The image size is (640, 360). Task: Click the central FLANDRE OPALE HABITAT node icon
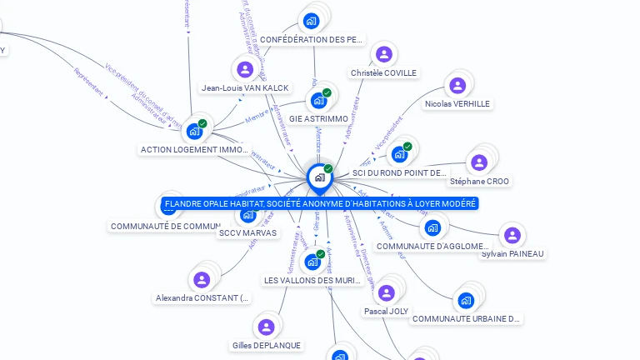(x=319, y=177)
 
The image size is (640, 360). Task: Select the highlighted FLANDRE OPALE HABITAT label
(x=320, y=203)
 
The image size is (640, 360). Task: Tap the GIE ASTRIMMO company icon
(x=317, y=101)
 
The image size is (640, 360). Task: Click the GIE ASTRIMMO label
(x=318, y=119)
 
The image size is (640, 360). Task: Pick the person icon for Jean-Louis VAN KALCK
(x=245, y=69)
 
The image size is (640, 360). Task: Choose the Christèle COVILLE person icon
(x=384, y=54)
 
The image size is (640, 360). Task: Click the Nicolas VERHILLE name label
(x=457, y=104)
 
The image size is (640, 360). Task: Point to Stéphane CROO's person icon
(x=479, y=162)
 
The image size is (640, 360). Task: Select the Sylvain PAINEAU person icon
(x=512, y=236)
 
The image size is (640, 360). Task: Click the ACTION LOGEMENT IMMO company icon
(x=194, y=131)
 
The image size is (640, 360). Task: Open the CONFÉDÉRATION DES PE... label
(x=312, y=39)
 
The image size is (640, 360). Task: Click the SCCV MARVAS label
(x=247, y=233)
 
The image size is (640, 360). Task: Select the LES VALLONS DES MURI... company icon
(x=312, y=262)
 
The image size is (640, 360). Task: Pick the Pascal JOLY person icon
(x=386, y=292)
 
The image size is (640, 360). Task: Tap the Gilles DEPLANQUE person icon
(x=266, y=327)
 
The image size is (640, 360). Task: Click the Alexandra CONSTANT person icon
(x=202, y=279)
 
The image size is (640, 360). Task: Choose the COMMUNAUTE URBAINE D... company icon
(x=466, y=300)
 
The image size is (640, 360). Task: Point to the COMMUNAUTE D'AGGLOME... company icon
(x=432, y=227)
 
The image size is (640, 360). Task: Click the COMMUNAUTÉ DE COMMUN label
(x=165, y=226)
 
